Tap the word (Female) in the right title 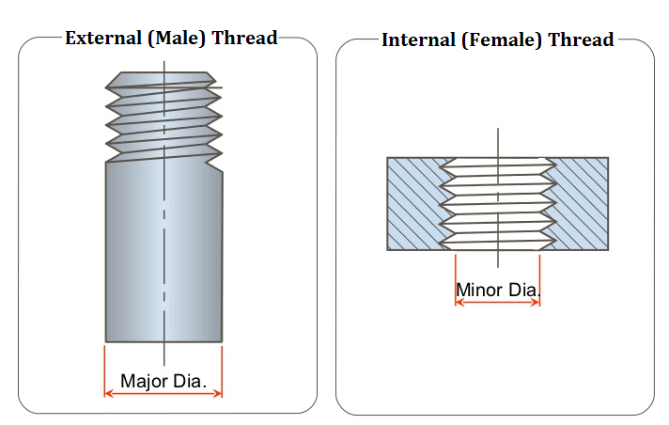tap(501, 39)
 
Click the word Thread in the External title tap(245, 39)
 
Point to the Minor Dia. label tap(498, 289)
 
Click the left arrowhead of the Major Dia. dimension tap(109, 394)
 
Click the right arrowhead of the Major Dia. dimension tap(217, 394)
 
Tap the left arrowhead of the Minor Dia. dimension tap(459, 304)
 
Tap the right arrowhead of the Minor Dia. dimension tap(536, 304)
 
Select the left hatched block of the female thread tap(414, 203)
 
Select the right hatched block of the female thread tap(582, 203)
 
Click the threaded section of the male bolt tap(164, 118)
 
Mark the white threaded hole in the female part tap(498, 203)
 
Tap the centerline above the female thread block tap(498, 141)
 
